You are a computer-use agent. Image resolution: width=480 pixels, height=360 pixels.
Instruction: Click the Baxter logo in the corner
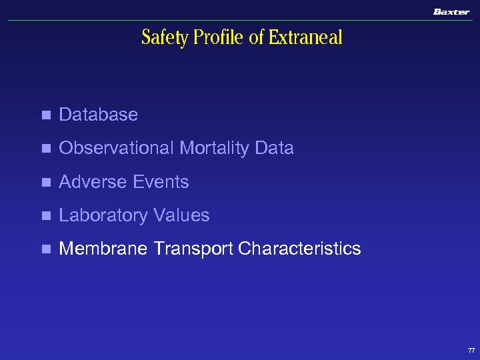tap(451, 12)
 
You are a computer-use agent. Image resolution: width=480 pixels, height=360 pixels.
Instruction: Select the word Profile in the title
tap(219, 38)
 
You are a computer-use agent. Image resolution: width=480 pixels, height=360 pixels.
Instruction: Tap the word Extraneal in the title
tap(305, 38)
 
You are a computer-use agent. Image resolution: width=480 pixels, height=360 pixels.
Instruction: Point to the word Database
tap(98, 115)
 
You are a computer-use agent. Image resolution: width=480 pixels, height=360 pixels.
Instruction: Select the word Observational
tap(115, 148)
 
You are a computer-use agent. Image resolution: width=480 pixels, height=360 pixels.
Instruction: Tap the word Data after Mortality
tap(274, 148)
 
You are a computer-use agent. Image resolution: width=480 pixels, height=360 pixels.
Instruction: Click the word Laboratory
tap(103, 215)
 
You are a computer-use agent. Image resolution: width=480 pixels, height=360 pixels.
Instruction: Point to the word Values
tap(181, 215)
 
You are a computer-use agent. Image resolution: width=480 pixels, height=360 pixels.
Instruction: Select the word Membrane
tap(103, 249)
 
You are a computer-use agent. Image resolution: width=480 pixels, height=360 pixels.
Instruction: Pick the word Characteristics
tap(299, 249)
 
